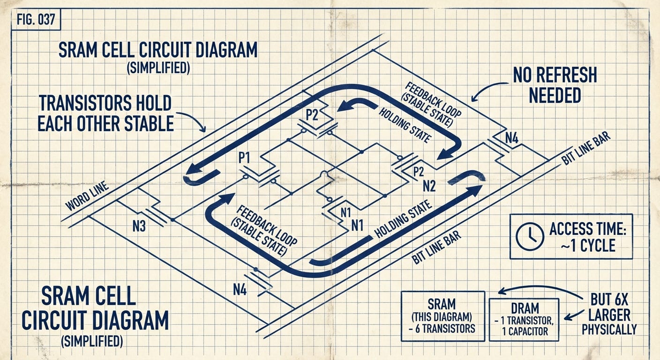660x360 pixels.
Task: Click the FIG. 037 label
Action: [x=35, y=21]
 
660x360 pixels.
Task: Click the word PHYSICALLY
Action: [x=609, y=330]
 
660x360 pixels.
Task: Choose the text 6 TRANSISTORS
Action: [x=442, y=328]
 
